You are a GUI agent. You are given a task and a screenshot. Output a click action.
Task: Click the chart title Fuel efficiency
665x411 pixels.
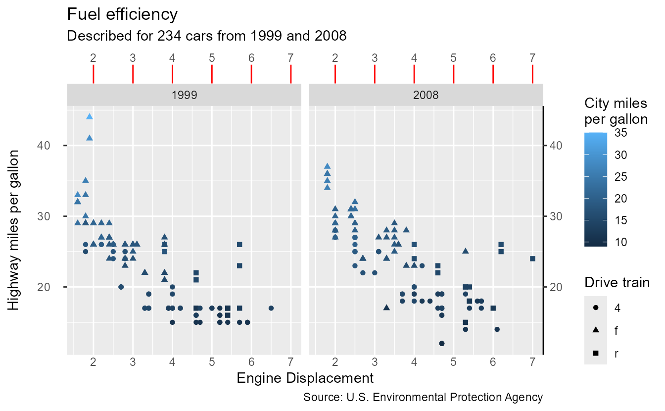pos(122,14)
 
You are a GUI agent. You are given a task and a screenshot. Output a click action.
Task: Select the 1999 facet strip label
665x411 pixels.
pos(184,95)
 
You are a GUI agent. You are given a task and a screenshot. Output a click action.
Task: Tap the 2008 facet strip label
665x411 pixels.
pos(426,95)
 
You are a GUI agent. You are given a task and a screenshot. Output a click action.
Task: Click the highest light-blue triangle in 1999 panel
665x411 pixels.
pos(90,116)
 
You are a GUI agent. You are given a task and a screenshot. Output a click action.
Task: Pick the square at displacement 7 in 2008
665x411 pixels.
pos(532,258)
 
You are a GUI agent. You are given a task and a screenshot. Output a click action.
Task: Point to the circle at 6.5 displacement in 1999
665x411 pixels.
pos(271,308)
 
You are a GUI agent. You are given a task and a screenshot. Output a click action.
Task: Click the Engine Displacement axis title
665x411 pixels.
pos(305,378)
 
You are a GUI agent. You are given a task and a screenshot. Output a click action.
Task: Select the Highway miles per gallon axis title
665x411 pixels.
pos(14,230)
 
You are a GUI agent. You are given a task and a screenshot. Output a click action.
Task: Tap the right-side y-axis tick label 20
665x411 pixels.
pos(555,287)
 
